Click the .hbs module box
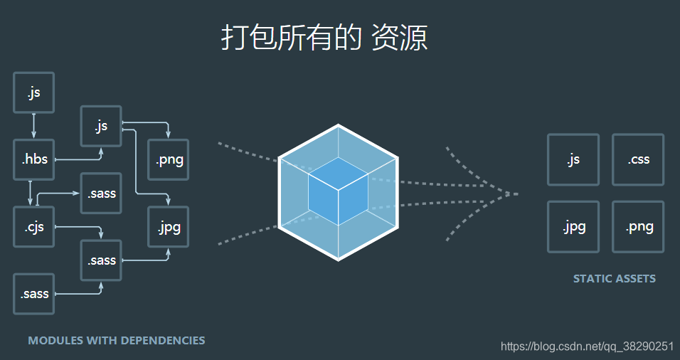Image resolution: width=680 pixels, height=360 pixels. click(x=34, y=159)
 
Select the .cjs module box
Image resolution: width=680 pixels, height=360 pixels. click(x=34, y=227)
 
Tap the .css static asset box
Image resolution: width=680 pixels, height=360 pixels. click(x=638, y=159)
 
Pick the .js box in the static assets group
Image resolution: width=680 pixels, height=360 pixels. click(x=573, y=159)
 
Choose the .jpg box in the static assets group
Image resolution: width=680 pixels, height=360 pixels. click(x=573, y=227)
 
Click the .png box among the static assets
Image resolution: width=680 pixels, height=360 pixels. click(x=638, y=227)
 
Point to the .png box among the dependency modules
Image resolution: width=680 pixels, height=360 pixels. click(x=169, y=159)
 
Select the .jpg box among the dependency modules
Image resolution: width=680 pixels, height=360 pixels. click(x=169, y=227)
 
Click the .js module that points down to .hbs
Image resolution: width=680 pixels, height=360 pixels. click(x=34, y=92)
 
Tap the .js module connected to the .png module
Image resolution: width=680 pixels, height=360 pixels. click(x=101, y=126)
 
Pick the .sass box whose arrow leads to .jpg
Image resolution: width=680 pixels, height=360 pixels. click(x=101, y=260)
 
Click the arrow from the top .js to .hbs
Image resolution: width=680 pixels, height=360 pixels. click(x=34, y=126)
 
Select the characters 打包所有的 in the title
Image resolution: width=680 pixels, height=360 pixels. click(x=292, y=38)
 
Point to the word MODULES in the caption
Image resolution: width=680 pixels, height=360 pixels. click(x=55, y=341)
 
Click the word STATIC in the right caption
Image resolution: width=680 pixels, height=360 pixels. click(x=592, y=279)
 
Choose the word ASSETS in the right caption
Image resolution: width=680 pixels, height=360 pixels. click(x=634, y=279)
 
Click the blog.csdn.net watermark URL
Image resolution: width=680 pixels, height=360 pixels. click(x=587, y=346)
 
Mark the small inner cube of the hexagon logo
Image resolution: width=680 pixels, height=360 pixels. click(x=338, y=191)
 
